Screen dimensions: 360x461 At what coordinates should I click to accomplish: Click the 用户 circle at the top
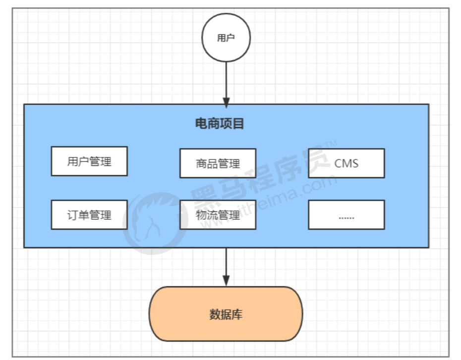click(x=226, y=38)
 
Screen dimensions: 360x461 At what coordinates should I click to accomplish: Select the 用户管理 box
click(x=89, y=161)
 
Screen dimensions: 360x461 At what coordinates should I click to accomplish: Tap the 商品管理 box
click(x=218, y=163)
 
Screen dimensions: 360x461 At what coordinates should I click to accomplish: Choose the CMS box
click(x=346, y=163)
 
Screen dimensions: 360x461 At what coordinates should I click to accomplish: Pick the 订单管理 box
click(x=89, y=215)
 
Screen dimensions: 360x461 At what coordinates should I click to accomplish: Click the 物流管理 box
click(x=218, y=215)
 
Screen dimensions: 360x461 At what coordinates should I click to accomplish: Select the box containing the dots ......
click(x=346, y=215)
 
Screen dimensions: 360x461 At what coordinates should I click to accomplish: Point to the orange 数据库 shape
click(x=226, y=314)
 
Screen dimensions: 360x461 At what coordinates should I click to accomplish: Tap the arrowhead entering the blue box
click(x=226, y=103)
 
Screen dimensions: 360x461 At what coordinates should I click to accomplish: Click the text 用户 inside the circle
click(x=226, y=38)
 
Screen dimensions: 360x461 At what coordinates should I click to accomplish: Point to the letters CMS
click(x=346, y=163)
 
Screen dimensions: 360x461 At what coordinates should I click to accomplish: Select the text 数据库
click(x=226, y=314)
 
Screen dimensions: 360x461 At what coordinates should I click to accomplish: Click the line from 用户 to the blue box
click(x=226, y=79)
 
